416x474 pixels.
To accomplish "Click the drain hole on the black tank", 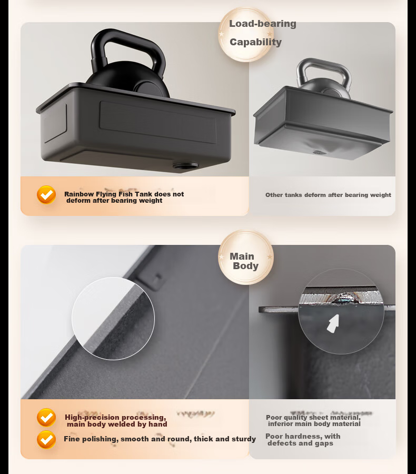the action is pyautogui.click(x=185, y=166).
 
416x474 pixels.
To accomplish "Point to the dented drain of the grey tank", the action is pyautogui.click(x=319, y=152).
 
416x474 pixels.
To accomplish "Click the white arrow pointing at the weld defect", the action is pyautogui.click(x=333, y=324).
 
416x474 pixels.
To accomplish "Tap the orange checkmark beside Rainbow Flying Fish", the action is pyautogui.click(x=46, y=195).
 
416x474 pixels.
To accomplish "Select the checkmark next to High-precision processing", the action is pyautogui.click(x=46, y=418).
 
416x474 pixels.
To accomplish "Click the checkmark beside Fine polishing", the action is pyautogui.click(x=46, y=439).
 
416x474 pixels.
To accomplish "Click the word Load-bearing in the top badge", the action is pyautogui.click(x=262, y=24).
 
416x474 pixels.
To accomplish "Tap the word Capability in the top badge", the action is pyautogui.click(x=255, y=42).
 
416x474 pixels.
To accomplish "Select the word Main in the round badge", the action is pyautogui.click(x=242, y=256).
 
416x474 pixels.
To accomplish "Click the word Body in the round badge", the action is pyautogui.click(x=245, y=266).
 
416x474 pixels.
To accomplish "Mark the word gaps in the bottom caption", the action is pyautogui.click(x=324, y=443).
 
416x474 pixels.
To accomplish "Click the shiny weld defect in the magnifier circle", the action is pyautogui.click(x=344, y=299).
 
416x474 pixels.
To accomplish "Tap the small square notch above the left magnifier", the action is pyautogui.click(x=157, y=276).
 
